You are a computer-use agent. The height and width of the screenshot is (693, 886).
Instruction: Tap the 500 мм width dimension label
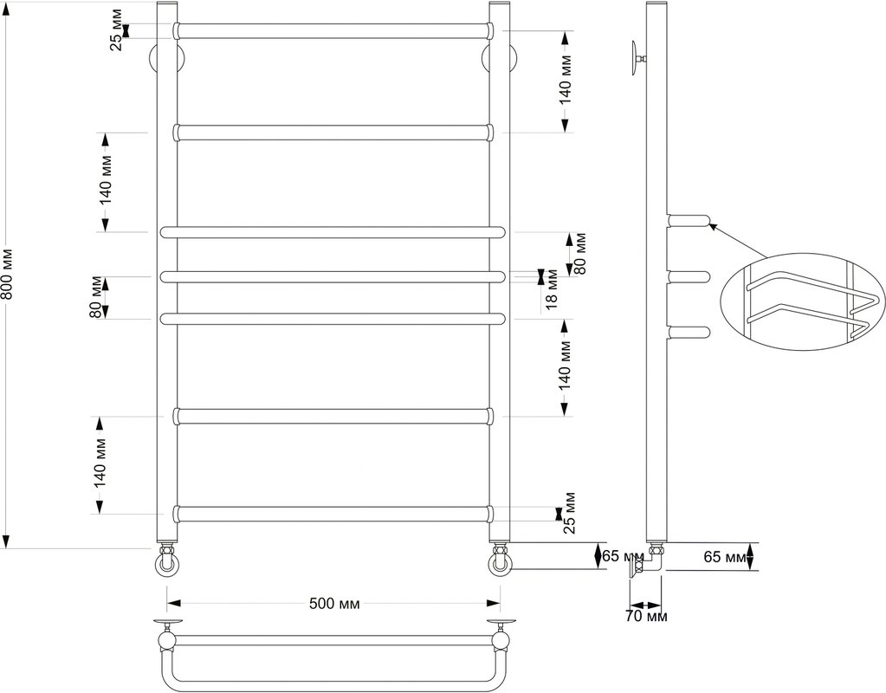pos(334,604)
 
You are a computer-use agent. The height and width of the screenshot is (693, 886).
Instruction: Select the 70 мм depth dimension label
pos(645,616)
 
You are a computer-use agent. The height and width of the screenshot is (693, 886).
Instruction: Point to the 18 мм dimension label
pos(552,289)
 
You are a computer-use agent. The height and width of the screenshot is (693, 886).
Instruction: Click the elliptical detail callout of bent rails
pos(803,301)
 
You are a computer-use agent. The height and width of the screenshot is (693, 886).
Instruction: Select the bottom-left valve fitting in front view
pos(168,560)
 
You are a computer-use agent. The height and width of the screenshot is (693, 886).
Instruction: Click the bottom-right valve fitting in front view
pos(500,560)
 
